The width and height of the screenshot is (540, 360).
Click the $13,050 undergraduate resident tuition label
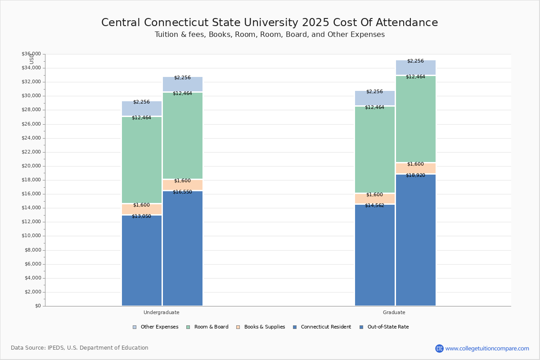click(141, 216)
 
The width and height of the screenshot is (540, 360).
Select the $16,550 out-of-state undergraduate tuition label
click(182, 192)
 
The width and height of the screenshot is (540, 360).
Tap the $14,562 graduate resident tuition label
click(374, 206)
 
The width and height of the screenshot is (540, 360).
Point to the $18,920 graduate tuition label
click(415, 175)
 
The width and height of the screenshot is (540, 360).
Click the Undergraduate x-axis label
click(162, 312)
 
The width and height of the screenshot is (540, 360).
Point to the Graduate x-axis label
click(394, 312)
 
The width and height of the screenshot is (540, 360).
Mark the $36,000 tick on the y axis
click(31, 54)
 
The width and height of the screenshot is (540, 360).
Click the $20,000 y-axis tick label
click(31, 166)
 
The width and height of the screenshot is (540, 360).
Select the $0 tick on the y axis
click(37, 306)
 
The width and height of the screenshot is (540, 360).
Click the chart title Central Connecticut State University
click(270, 22)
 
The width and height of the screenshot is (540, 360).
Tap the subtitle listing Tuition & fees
click(270, 35)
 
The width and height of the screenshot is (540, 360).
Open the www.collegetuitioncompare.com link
click(487, 348)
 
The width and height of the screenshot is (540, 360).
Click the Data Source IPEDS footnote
click(80, 348)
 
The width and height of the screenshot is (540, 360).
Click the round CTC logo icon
click(439, 348)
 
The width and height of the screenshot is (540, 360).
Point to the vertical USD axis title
click(31, 59)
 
